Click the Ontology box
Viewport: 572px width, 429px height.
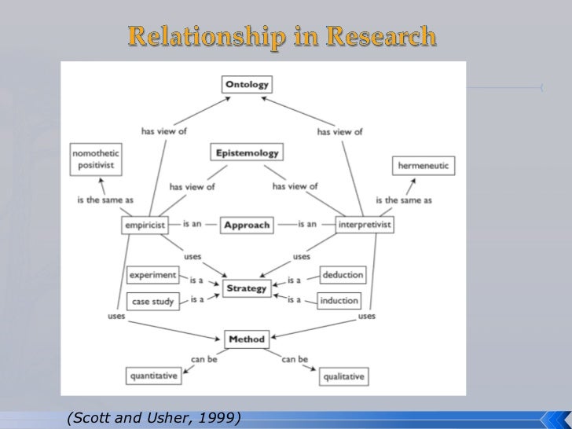click(x=247, y=83)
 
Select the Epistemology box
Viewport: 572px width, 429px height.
click(x=247, y=152)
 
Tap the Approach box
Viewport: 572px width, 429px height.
click(x=247, y=224)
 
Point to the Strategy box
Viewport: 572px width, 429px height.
click(x=247, y=288)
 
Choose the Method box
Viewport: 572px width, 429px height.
click(x=247, y=339)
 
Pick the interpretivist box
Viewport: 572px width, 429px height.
click(x=364, y=225)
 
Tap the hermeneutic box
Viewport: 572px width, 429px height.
click(x=423, y=167)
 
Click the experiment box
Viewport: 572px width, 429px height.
click(x=153, y=275)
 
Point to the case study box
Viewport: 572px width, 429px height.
click(x=153, y=300)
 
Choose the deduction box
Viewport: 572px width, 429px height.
click(x=343, y=275)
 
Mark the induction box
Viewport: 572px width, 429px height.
click(x=339, y=300)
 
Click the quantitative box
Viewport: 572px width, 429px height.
click(x=152, y=376)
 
